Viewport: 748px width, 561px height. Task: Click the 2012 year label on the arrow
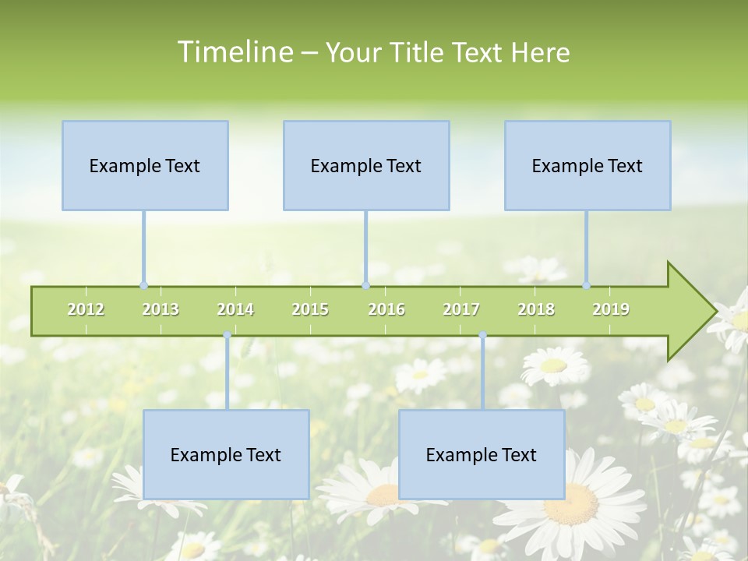[86, 309]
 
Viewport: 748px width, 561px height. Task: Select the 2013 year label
[161, 309]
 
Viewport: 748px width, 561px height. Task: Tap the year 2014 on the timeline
[235, 309]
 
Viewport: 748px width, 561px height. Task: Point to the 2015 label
[310, 309]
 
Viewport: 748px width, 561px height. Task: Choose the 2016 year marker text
[386, 309]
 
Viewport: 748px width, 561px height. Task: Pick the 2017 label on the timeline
[461, 309]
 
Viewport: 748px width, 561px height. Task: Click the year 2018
[536, 309]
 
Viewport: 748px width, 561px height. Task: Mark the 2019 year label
[611, 309]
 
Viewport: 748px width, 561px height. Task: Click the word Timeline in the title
[234, 52]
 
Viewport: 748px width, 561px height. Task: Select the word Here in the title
[540, 52]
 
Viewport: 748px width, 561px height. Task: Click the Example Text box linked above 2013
[145, 165]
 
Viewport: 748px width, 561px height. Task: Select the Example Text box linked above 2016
[366, 165]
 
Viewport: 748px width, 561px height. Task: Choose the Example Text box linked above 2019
[587, 165]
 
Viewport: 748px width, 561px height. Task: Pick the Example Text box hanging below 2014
[226, 454]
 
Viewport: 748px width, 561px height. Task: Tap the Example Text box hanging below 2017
[482, 454]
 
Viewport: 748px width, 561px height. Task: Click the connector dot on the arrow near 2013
[143, 285]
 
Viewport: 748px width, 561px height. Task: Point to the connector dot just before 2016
[365, 285]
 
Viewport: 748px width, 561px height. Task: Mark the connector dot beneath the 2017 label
[482, 335]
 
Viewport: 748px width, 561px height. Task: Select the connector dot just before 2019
[586, 285]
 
